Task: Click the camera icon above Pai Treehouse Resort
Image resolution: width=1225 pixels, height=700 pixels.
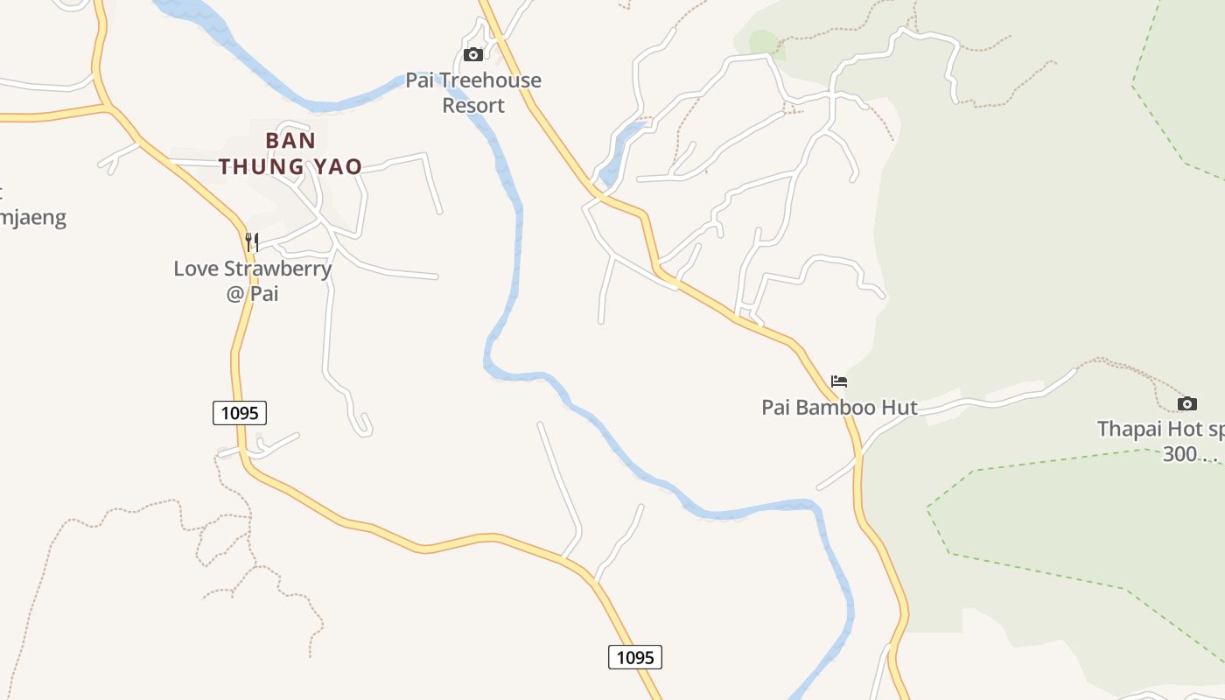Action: coord(472,54)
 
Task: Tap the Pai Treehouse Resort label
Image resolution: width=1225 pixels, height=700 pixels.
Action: coord(473,93)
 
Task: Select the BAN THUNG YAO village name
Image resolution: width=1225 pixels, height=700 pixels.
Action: coord(290,153)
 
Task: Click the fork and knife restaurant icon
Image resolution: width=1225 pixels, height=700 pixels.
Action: coord(252,241)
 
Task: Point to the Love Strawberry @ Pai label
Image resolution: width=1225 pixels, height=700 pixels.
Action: coord(253,280)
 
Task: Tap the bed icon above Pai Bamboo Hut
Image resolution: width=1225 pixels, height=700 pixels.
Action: coord(839,381)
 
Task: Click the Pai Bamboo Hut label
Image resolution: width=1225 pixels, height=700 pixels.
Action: coord(839,407)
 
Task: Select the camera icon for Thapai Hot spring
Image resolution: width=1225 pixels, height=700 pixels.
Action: coord(1186,403)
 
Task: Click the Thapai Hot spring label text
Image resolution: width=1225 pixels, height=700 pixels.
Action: coord(1160,430)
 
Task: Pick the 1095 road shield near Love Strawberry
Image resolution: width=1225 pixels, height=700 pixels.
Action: coord(240,413)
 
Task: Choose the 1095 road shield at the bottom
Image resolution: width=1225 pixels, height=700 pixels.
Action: coord(635,657)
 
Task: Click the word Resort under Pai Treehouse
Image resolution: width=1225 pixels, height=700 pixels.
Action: coord(473,106)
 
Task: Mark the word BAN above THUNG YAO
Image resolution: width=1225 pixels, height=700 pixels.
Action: coord(290,140)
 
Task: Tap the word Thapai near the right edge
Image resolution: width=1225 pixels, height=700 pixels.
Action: coord(1130,430)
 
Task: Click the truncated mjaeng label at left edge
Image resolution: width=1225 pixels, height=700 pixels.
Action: coord(33,217)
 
